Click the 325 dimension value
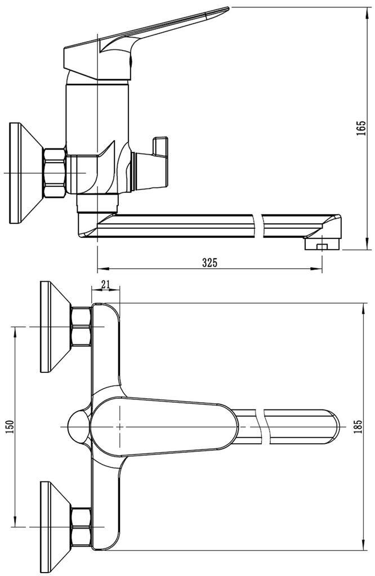point(209,262)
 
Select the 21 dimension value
point(105,285)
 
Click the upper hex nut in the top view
point(81,327)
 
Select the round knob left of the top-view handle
point(77,427)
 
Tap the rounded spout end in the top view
point(332,427)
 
